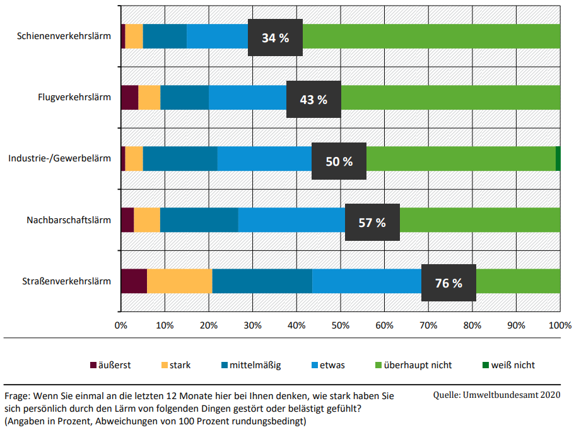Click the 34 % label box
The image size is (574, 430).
click(x=276, y=38)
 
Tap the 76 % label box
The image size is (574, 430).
click(x=448, y=283)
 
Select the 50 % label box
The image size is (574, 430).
click(x=339, y=161)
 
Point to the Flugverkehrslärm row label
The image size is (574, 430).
click(x=74, y=97)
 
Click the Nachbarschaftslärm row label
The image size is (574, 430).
click(x=69, y=220)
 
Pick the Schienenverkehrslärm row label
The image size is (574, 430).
click(x=64, y=36)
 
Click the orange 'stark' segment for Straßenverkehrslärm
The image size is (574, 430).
click(x=179, y=281)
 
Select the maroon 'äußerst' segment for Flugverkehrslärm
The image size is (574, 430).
click(x=129, y=97)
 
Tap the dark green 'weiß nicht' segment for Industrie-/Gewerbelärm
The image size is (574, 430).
click(x=558, y=159)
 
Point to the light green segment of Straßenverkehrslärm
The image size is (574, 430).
click(x=518, y=281)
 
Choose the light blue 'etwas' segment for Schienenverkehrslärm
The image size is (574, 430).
click(x=217, y=36)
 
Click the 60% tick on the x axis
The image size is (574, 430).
click(x=384, y=325)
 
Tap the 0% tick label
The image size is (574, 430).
click(x=121, y=325)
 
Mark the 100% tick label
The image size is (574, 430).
click(x=559, y=325)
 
